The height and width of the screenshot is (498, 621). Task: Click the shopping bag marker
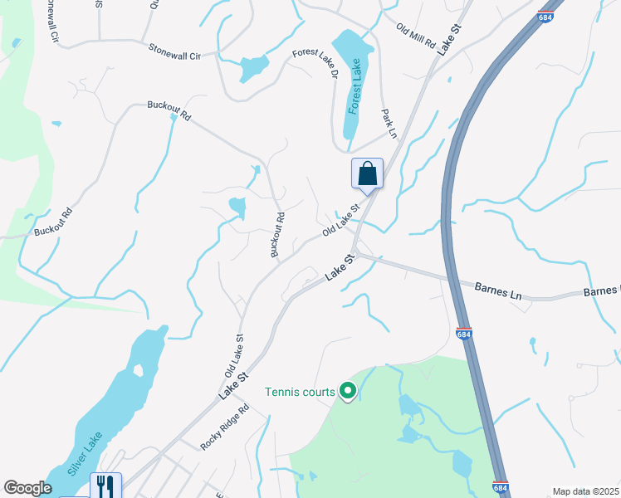coord(367,174)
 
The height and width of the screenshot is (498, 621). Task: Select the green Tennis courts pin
coord(348,390)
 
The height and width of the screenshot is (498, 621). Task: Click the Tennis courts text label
coord(300,392)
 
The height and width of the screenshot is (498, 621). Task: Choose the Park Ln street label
coord(389,123)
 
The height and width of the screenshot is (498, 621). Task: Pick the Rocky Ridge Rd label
coord(225,427)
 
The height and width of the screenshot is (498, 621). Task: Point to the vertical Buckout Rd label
coord(278,235)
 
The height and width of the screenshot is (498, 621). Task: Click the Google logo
coord(27,488)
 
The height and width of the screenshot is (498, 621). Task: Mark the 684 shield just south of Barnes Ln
coord(464,334)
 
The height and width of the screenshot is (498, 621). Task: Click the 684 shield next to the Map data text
coord(500,488)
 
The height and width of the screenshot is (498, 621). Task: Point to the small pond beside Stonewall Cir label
coord(254,66)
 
